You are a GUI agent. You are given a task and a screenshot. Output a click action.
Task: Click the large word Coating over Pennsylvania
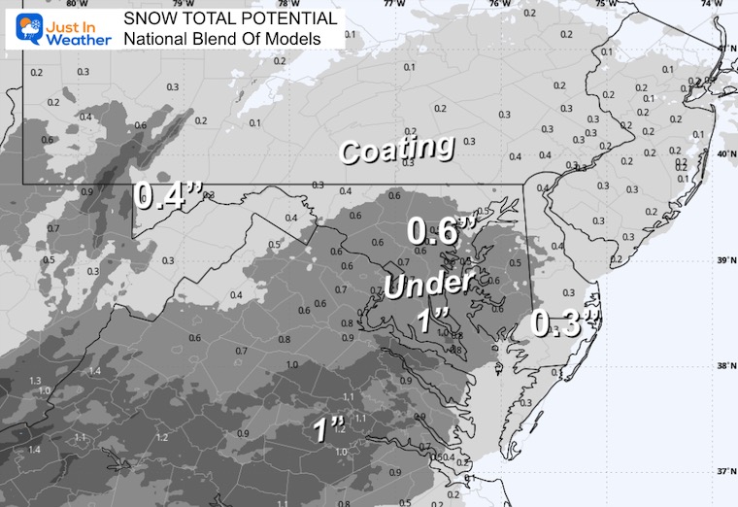pyautogui.click(x=396, y=150)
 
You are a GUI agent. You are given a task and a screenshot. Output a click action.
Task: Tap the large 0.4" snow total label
pyautogui.click(x=168, y=197)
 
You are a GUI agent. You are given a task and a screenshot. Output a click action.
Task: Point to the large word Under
pyautogui.click(x=426, y=285)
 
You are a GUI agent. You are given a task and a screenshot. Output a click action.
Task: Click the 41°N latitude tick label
pyautogui.click(x=723, y=48)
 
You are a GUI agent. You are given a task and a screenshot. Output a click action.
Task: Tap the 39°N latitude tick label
pyautogui.click(x=723, y=261)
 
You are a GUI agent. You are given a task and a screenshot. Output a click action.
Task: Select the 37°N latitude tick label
pyautogui.click(x=723, y=472)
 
